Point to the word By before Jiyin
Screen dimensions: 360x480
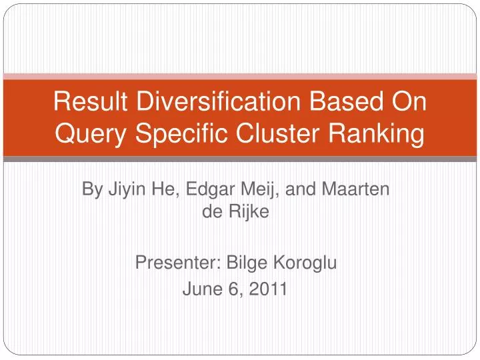click(x=91, y=189)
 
